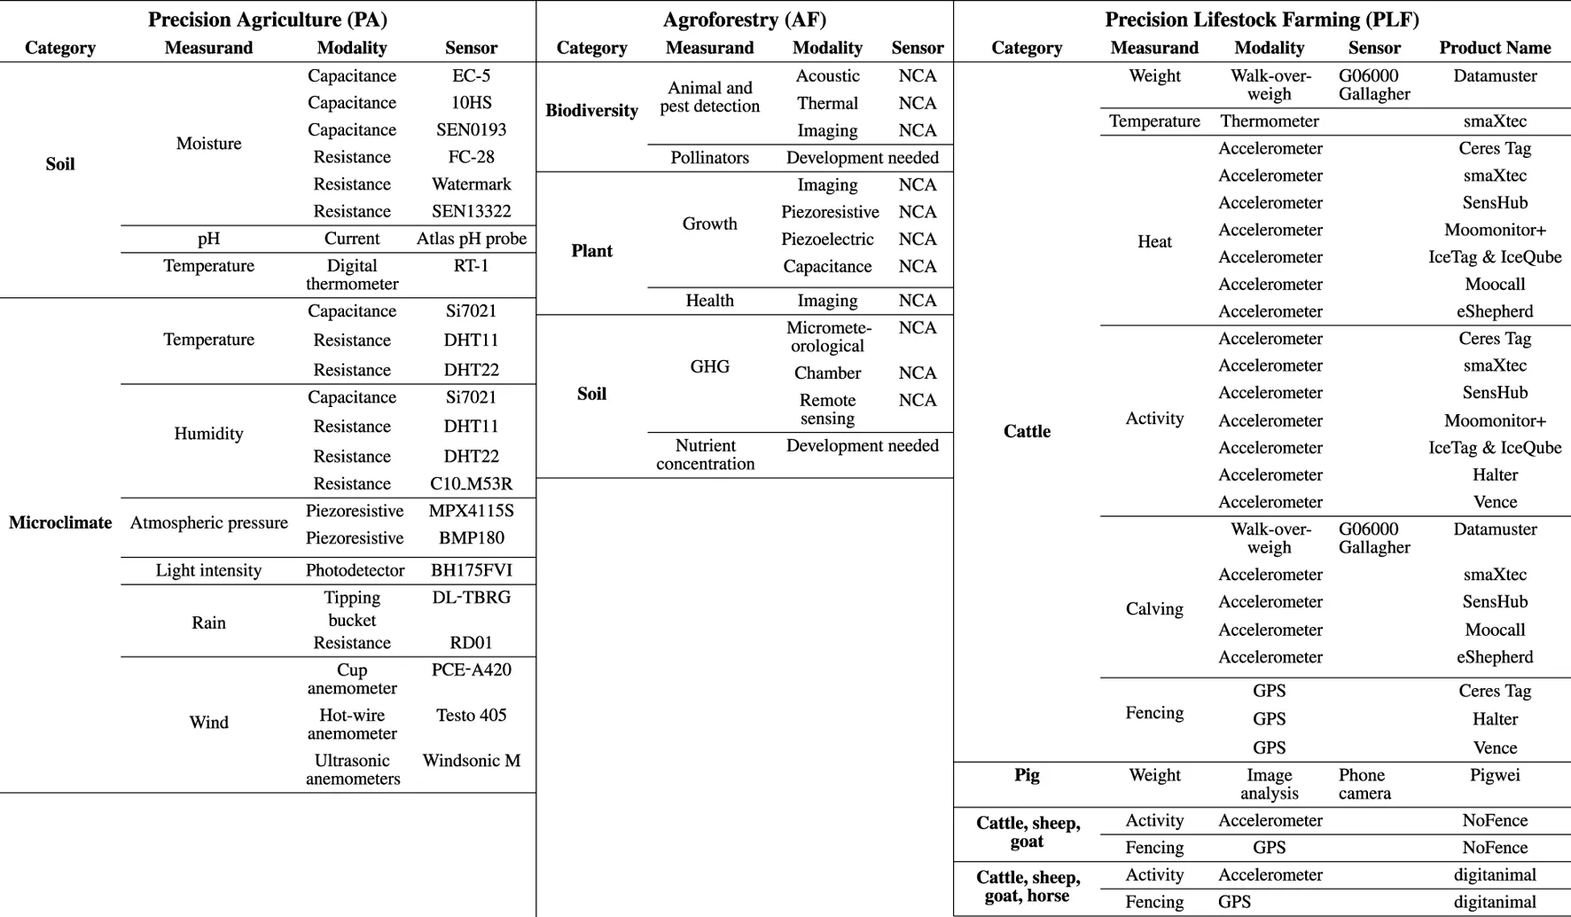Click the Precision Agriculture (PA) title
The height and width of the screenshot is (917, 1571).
tap(267, 20)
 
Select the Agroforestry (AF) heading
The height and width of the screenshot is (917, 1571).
tap(744, 20)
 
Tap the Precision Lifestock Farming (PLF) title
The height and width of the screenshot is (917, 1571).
tap(1262, 20)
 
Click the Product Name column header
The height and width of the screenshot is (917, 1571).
tap(1495, 48)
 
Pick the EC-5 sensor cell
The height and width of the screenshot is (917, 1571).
tap(471, 76)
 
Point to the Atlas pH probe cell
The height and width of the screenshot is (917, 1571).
tap(471, 239)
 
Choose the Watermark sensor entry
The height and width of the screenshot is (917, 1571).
tap(471, 184)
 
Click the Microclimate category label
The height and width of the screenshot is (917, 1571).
tap(60, 522)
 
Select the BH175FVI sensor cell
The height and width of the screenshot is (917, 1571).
tap(471, 570)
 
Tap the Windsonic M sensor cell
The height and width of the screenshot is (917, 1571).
tap(471, 761)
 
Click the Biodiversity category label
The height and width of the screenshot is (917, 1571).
tap(591, 111)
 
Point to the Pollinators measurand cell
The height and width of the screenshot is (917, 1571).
tap(709, 158)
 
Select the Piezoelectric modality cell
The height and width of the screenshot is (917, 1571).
tap(827, 239)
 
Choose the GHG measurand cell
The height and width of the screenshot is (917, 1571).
tap(709, 366)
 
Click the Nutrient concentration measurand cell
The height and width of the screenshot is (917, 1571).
tap(706, 454)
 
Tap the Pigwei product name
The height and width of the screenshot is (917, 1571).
tap(1495, 775)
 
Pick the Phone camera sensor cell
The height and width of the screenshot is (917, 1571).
tap(1364, 784)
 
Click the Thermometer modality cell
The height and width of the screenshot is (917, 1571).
tap(1269, 121)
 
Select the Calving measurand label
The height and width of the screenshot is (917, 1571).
tap(1154, 609)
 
